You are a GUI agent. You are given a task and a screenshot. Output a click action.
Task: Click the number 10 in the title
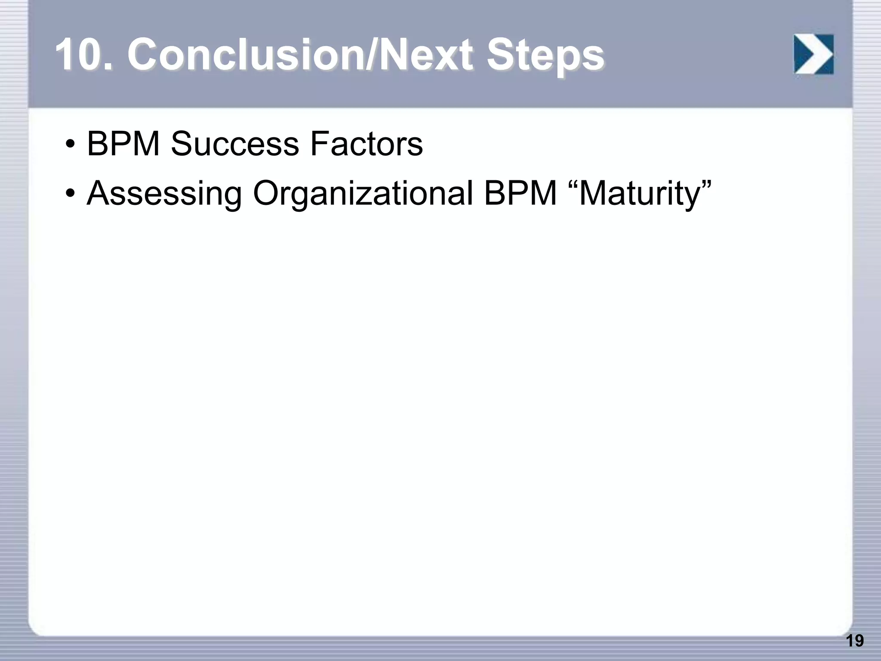79,55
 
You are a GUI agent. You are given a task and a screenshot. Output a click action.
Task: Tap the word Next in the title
426,55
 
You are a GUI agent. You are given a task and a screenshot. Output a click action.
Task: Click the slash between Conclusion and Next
371,55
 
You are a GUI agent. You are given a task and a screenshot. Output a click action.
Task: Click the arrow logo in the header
813,54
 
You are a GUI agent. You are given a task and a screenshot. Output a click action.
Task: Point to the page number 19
854,641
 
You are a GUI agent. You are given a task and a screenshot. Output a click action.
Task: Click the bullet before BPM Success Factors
70,145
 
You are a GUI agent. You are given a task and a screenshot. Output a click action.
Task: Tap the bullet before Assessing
70,194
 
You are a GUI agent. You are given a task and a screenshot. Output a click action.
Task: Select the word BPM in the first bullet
123,144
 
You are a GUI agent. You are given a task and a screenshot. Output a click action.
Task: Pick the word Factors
366,144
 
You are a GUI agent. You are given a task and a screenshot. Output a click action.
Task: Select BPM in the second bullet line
521,194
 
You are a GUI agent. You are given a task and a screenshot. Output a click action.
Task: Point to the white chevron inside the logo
814,54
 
